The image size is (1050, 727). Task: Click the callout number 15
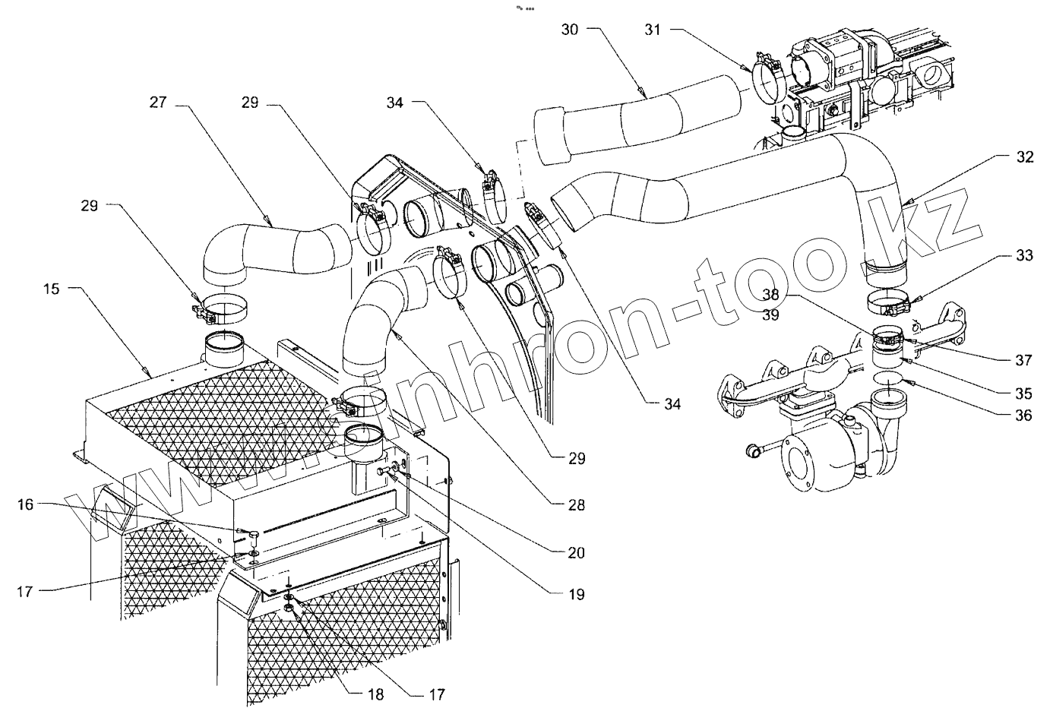point(51,289)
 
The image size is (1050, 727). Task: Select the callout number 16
point(26,504)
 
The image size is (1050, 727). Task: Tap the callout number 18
point(375,694)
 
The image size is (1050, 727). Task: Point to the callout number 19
point(576,594)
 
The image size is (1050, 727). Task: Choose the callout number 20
point(576,552)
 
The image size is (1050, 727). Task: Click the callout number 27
point(157,103)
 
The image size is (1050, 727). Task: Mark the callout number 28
point(576,504)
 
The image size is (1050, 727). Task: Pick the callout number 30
point(570,30)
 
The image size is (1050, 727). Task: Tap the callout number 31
point(653,30)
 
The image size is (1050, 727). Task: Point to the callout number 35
point(1023,394)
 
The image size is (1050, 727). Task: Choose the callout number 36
point(1023,416)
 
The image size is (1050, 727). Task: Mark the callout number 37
point(1023,360)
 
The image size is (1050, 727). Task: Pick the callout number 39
point(770,315)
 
